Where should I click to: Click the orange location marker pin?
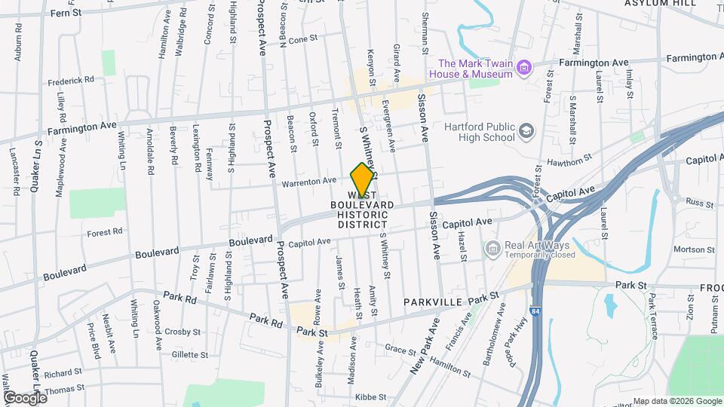362,179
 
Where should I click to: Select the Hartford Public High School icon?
526,133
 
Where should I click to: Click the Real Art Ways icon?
492,248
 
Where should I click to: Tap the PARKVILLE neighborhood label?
432,301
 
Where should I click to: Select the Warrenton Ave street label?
308,181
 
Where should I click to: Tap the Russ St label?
679,203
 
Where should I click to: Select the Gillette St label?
189,354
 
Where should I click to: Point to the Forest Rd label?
104,232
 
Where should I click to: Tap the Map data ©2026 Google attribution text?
677,401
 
